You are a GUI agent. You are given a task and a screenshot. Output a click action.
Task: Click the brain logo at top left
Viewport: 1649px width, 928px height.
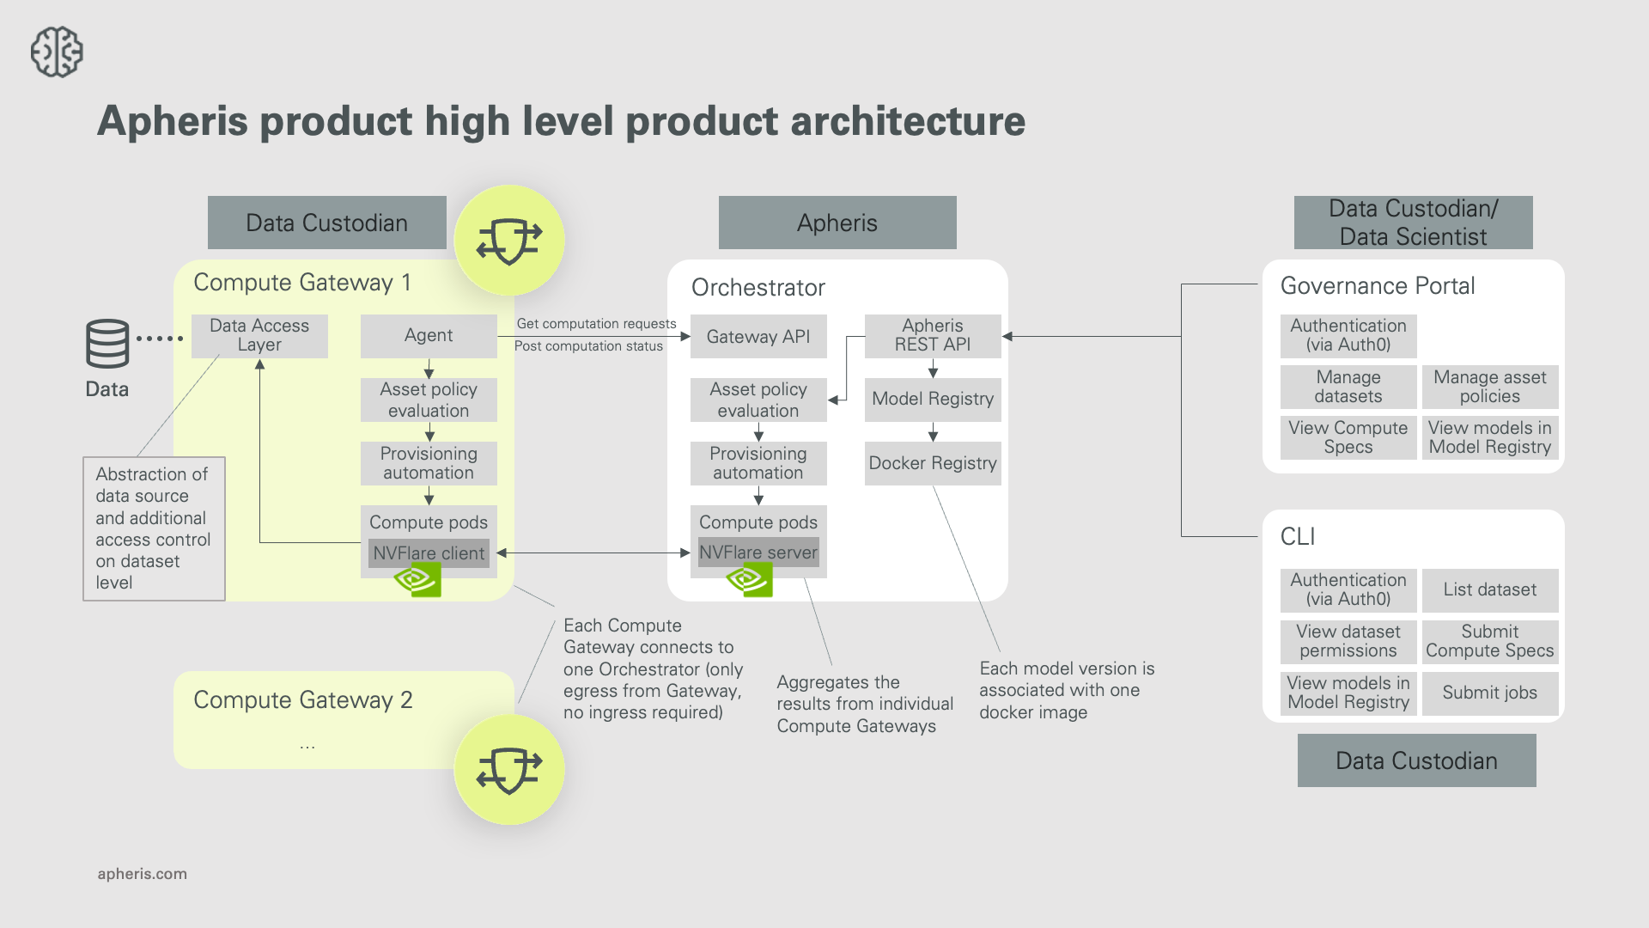57,52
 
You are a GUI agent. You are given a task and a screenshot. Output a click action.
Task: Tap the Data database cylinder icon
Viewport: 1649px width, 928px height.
107,344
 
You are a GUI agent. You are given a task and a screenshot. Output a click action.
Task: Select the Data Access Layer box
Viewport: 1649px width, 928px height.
259,335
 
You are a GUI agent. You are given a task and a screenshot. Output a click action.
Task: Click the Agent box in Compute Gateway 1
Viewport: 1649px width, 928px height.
429,335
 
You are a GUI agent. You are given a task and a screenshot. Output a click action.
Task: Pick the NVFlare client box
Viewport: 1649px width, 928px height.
429,553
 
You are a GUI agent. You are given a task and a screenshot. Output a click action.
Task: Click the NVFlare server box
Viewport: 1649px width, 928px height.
758,553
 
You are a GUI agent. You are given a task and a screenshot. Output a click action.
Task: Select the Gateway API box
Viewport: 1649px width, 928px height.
758,337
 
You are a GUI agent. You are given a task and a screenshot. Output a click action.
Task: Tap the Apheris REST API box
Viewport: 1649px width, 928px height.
932,335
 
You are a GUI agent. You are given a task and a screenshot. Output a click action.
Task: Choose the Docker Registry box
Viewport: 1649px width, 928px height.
932,463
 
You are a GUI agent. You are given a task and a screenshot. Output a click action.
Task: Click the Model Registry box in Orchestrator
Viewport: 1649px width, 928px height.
932,399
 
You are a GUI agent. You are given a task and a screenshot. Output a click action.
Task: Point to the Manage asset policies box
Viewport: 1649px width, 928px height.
1489,387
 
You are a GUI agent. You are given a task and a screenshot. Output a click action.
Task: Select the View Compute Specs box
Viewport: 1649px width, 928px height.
1348,437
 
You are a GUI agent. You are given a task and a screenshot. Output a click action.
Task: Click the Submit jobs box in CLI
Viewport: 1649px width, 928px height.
1489,693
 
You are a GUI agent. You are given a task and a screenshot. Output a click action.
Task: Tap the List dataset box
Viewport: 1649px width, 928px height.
1489,589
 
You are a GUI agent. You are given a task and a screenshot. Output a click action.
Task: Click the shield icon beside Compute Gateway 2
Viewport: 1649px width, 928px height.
509,769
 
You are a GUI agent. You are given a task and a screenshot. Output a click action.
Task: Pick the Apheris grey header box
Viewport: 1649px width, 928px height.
837,223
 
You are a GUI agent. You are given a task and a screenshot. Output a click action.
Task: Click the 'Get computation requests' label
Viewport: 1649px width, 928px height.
596,324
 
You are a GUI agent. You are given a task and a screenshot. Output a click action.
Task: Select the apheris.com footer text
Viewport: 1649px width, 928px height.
143,874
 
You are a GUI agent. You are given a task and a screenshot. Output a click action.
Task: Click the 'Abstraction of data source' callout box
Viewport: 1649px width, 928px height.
154,528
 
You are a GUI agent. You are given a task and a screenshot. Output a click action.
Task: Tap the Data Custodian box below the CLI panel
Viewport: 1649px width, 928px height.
1416,760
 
